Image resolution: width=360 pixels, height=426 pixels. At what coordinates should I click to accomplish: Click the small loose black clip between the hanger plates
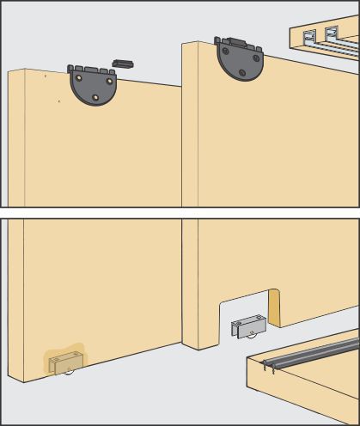[124, 63]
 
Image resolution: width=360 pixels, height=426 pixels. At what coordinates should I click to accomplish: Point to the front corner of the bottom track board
[247, 358]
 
